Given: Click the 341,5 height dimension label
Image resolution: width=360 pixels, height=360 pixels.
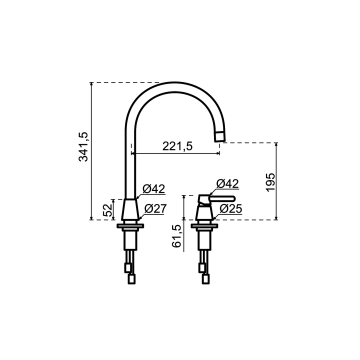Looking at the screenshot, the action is click(83, 146).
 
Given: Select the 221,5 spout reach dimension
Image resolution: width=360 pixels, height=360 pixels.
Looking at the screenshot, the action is click(178, 146).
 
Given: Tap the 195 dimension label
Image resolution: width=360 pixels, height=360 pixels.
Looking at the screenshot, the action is click(271, 182).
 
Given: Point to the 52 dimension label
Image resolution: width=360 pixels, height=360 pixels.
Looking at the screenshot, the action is click(108, 210).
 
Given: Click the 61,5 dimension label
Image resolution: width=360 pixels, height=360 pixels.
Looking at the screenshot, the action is click(177, 236).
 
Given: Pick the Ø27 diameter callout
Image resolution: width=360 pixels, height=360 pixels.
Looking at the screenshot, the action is click(155, 209).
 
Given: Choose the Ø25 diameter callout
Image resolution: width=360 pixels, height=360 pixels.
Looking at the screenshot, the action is click(231, 209).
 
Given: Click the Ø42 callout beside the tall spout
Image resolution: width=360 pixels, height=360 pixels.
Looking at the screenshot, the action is click(154, 189).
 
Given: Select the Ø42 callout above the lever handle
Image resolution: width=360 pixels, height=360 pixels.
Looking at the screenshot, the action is click(228, 183).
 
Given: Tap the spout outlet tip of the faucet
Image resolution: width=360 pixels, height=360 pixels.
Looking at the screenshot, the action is click(219, 136).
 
